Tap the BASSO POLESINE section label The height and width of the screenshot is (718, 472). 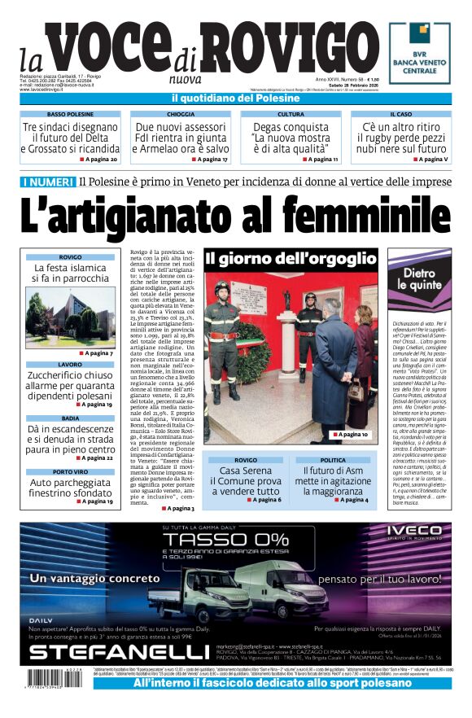coord(70,115)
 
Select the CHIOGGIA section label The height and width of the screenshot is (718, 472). coord(181,115)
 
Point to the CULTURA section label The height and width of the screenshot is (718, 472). coord(291,115)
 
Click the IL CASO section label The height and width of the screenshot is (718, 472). coord(400,115)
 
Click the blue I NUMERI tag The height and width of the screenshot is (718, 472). coord(48,181)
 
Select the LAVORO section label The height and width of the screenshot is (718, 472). coord(70,365)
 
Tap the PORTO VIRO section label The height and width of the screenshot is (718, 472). coord(70,471)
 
